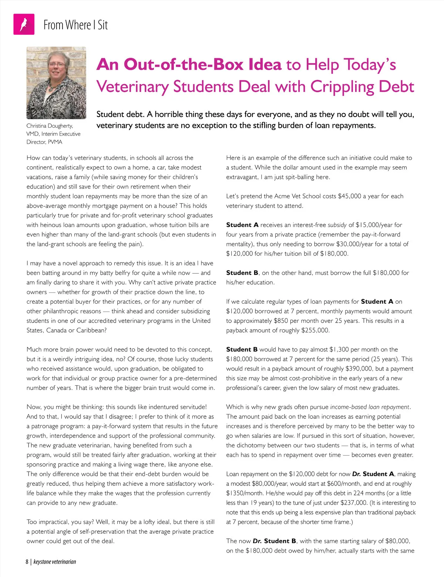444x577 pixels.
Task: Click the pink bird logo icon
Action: [x=24, y=24]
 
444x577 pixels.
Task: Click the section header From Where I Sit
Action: [x=75, y=25]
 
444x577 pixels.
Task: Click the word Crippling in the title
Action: [x=342, y=87]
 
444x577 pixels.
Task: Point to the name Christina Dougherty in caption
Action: [x=50, y=126]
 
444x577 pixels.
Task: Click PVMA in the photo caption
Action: [x=55, y=142]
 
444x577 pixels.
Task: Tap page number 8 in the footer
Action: [x=27, y=561]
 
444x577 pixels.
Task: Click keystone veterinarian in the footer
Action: [x=55, y=561]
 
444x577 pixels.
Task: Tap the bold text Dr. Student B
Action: [x=274, y=541]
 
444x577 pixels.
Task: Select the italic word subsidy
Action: [x=337, y=225]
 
